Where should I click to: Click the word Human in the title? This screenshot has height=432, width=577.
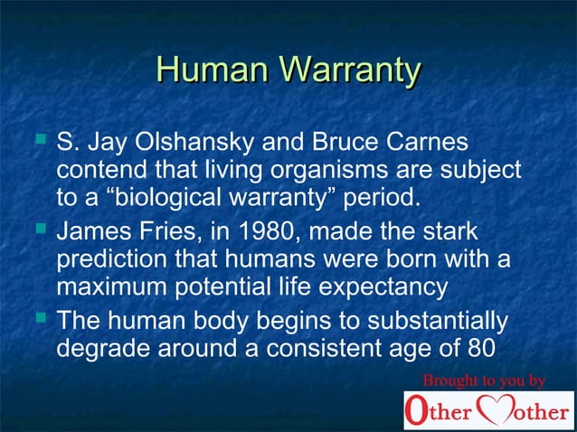[212, 70]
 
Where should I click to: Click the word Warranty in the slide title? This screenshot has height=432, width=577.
[349, 70]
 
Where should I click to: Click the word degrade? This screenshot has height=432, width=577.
[100, 348]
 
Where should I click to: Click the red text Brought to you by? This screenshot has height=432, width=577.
[485, 380]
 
